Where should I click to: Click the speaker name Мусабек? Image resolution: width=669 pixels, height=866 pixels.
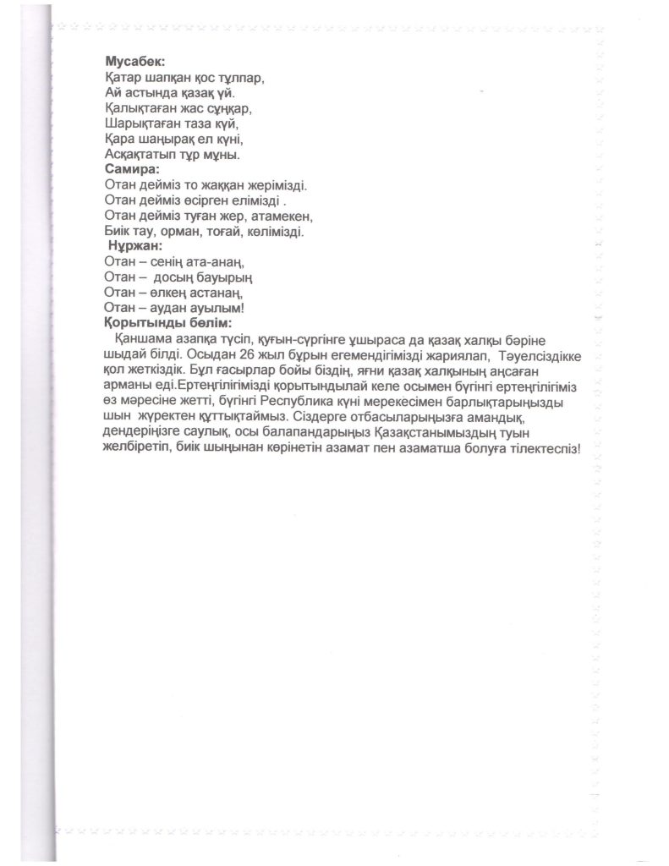(134, 62)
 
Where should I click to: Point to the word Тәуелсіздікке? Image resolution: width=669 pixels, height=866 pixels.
(538, 355)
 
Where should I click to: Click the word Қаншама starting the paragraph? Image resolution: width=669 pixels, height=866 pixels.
(140, 339)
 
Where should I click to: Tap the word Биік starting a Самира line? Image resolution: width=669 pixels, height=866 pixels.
(118, 231)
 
